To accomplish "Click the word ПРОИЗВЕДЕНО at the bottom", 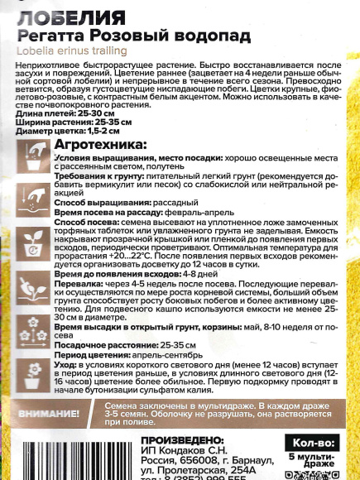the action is click(x=182, y=439).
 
